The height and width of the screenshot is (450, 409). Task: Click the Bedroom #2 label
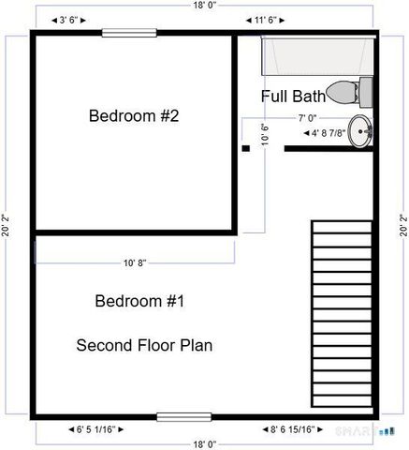134,116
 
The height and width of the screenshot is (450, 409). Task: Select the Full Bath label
292,96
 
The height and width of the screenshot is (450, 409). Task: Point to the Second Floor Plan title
144,345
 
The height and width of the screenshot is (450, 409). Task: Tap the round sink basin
359,130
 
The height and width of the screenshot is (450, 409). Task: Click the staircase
343,314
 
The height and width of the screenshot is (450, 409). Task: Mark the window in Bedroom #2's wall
129,33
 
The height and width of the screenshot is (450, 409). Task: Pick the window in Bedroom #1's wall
183,416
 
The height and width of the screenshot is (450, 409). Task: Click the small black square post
245,147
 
